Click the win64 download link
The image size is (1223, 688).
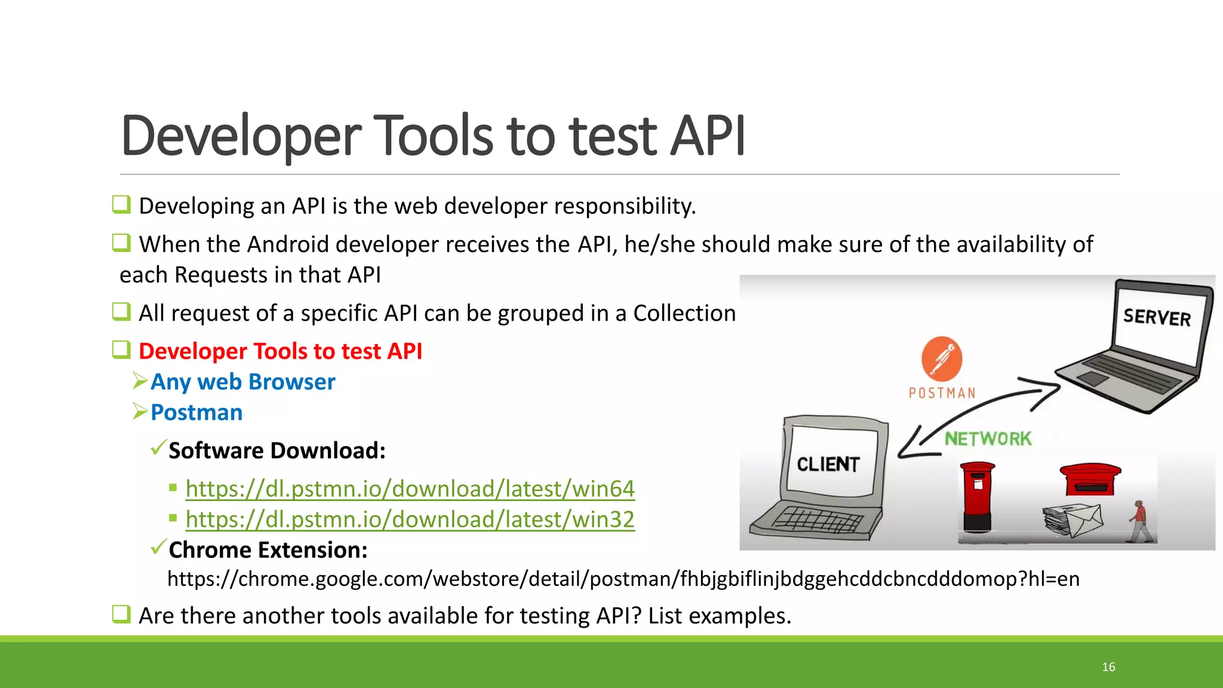[410, 489]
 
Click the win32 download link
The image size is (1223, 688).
[410, 520]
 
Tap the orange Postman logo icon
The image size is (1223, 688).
[942, 359]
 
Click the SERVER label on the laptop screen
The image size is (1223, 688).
[1157, 317]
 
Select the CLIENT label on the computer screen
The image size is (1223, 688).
[828, 464]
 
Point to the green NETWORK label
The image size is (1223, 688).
[988, 439]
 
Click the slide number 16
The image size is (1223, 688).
[1108, 667]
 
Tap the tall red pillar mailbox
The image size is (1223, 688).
[978, 496]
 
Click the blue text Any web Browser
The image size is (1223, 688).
[242, 382]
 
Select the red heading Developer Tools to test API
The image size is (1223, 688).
[280, 351]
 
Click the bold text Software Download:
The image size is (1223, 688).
[277, 451]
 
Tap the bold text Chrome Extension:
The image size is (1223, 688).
[268, 550]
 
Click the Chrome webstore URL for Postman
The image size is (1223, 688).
[623, 579]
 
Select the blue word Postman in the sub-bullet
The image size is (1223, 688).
[196, 413]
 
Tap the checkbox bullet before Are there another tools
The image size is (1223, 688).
[121, 614]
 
